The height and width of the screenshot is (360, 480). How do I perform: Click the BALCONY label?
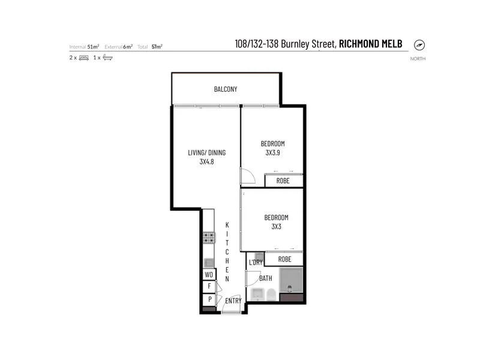pyautogui.click(x=226, y=89)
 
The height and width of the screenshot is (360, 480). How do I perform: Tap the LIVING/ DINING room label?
pyautogui.click(x=207, y=152)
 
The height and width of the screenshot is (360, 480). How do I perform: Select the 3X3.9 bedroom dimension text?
pyautogui.click(x=272, y=152)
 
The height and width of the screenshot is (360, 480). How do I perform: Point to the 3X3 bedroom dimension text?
pyautogui.click(x=276, y=226)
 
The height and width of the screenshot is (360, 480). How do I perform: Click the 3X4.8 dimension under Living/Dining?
pyautogui.click(x=207, y=161)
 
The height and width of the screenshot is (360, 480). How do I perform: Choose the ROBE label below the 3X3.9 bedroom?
pyautogui.click(x=283, y=181)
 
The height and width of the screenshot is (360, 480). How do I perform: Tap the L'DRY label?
pyautogui.click(x=255, y=262)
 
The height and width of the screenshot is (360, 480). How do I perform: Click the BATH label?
pyautogui.click(x=266, y=278)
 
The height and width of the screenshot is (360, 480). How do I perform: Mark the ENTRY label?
pyautogui.click(x=233, y=300)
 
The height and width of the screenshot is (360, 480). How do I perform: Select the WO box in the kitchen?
pyautogui.click(x=208, y=275)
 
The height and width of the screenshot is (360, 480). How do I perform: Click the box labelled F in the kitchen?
pyautogui.click(x=208, y=287)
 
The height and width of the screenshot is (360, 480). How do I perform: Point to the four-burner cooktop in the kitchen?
pyautogui.click(x=208, y=238)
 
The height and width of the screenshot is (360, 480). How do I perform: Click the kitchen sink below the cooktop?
pyautogui.click(x=208, y=262)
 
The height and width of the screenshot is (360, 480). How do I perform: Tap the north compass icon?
pyautogui.click(x=419, y=45)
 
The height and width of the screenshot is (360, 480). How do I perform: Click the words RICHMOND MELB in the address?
pyautogui.click(x=371, y=44)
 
